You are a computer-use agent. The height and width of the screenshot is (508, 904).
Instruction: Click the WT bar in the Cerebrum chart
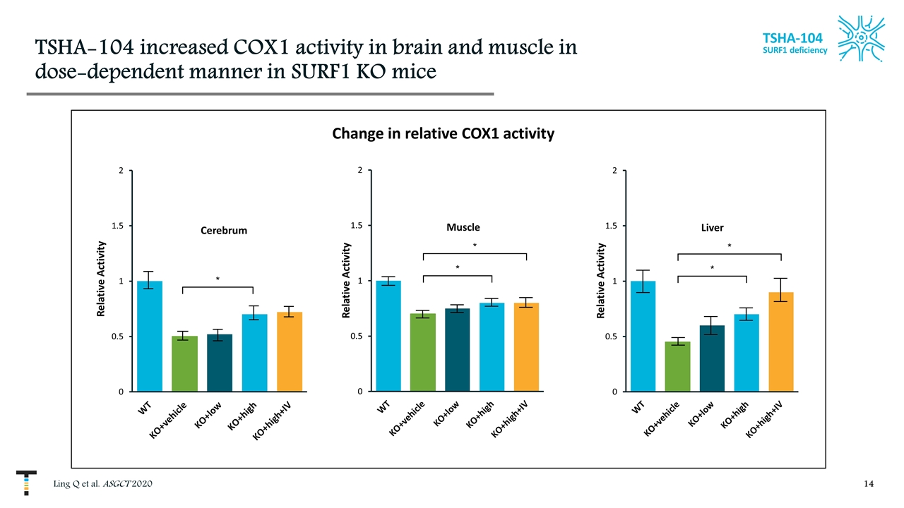150,336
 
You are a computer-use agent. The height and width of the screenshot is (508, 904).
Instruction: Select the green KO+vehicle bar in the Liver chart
678,366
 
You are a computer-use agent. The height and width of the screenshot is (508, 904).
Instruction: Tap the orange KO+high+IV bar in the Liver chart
781,341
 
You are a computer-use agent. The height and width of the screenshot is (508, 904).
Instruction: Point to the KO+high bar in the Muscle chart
492,346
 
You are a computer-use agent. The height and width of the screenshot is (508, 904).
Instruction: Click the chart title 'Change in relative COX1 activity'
443,133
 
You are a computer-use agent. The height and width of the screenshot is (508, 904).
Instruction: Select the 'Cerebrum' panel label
224,230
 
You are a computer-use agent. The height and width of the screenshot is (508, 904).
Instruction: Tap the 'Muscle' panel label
463,226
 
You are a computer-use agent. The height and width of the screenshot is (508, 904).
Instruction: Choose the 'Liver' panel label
713,226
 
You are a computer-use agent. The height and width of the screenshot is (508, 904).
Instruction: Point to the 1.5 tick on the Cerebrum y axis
115,226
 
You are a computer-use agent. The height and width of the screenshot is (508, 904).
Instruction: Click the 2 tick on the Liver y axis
614,170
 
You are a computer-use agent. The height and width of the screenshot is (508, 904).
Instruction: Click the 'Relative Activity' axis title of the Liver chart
600,281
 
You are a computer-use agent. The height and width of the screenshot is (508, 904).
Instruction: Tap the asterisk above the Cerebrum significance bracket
218,279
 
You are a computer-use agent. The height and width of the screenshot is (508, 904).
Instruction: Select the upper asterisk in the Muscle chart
475,246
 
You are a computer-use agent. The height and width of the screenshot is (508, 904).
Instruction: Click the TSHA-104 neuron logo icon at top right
861,39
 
